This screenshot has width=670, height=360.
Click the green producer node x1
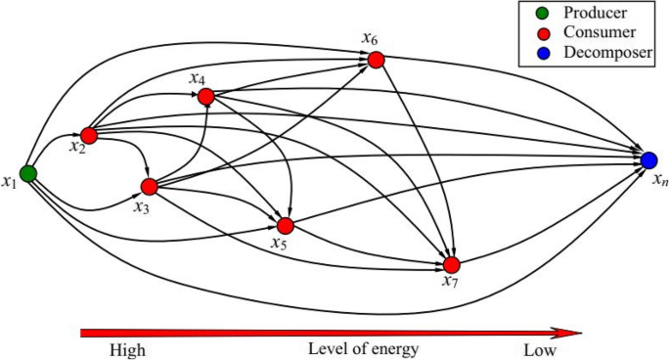(x=29, y=173)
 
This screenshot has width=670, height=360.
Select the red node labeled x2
(x=89, y=135)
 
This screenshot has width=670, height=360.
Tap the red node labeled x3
(x=150, y=186)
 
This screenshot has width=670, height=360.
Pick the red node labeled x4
(x=205, y=97)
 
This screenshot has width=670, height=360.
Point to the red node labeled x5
(x=286, y=225)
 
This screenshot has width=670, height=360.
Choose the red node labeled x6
(x=377, y=60)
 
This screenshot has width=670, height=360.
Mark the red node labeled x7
(x=451, y=264)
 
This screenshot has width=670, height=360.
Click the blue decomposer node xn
(x=648, y=158)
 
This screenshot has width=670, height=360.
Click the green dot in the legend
(x=532, y=15)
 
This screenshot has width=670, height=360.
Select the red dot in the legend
(x=532, y=33)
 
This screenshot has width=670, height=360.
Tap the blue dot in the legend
(x=532, y=52)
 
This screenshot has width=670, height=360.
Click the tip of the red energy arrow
(x=581, y=332)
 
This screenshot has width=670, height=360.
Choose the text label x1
(x=10, y=181)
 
